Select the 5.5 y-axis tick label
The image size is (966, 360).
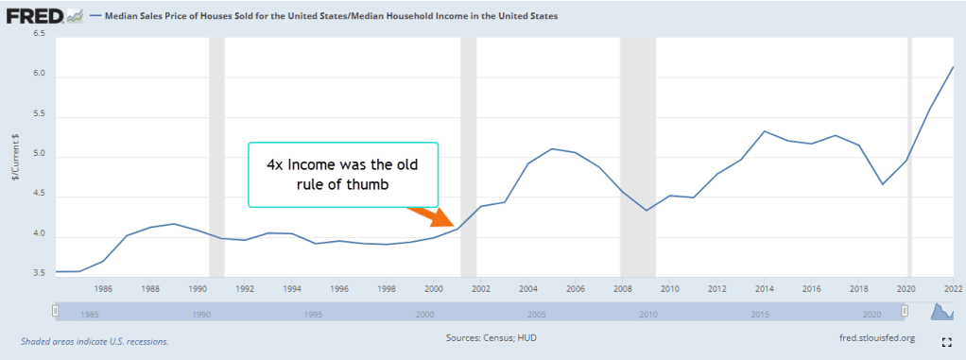coord(38,115)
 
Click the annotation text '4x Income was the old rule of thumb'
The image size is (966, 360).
coord(342,175)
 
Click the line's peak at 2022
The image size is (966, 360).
coord(953,67)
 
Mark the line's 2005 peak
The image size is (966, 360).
coord(552,148)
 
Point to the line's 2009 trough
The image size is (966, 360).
coord(646,210)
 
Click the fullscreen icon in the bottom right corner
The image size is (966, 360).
coord(946,340)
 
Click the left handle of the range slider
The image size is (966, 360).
coord(56,310)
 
